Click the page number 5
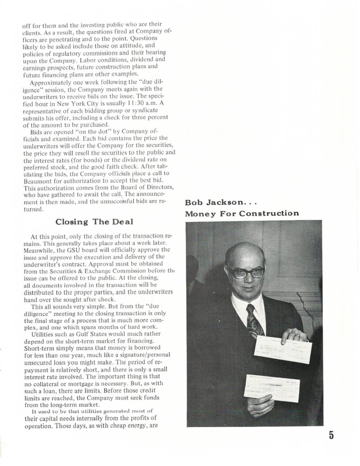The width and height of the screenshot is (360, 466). [x=331, y=435]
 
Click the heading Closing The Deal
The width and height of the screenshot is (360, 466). [x=94, y=222]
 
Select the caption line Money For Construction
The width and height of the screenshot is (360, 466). [x=242, y=213]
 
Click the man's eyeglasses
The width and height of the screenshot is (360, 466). [x=246, y=272]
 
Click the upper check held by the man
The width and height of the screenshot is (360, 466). [x=282, y=349]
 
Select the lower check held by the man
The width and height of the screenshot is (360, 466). [x=271, y=388]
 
